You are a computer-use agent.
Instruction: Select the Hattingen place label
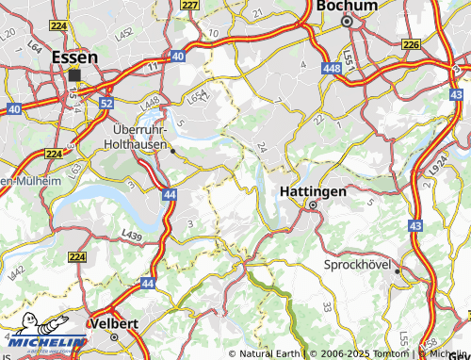click(313, 190)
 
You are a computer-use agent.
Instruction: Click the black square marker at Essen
click(74, 74)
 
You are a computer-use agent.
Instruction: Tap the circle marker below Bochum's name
click(346, 20)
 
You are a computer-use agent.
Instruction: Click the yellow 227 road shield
click(190, 6)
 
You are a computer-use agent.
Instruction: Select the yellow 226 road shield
click(411, 43)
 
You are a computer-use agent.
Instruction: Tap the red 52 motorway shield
click(106, 102)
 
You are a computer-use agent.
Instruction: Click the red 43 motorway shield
click(416, 226)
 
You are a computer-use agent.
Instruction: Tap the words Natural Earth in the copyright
click(269, 353)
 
